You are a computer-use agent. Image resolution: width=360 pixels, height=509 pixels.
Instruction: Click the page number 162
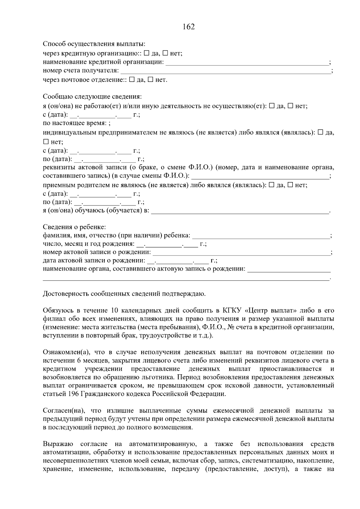pyautogui.click(x=189, y=27)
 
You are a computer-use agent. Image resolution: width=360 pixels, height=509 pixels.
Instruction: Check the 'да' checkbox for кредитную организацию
pyautogui.click(x=146, y=53)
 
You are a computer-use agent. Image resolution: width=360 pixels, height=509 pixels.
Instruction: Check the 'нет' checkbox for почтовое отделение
pyautogui.click(x=151, y=80)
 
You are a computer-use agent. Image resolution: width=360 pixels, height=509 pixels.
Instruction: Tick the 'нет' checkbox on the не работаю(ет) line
pyautogui.click(x=290, y=106)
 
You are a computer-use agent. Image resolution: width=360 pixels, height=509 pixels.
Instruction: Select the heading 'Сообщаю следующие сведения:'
pyautogui.click(x=92, y=97)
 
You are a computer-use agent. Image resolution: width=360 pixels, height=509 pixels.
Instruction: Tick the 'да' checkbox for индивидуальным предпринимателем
pyautogui.click(x=320, y=132)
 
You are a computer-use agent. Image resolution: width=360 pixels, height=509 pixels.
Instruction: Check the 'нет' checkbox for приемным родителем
pyautogui.click(x=290, y=185)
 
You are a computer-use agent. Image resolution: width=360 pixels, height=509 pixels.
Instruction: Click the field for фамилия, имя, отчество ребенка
pyautogui.click(x=260, y=236)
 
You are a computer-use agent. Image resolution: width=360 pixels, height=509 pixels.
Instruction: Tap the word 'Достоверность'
pyautogui.click(x=66, y=294)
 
